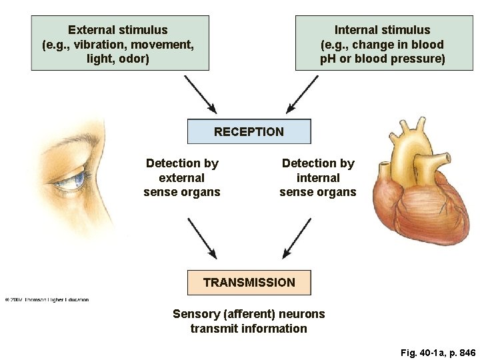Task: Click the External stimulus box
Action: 120,43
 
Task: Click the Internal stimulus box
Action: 384,43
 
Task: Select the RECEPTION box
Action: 249,131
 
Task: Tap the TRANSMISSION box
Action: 249,282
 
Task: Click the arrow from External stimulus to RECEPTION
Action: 200,94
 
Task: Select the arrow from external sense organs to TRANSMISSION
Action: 203,239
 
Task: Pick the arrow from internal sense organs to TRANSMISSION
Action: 297,239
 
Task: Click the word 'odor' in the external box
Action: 135,59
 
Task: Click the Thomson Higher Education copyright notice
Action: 47,299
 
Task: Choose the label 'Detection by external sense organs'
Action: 181,177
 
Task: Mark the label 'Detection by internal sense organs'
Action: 318,177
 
